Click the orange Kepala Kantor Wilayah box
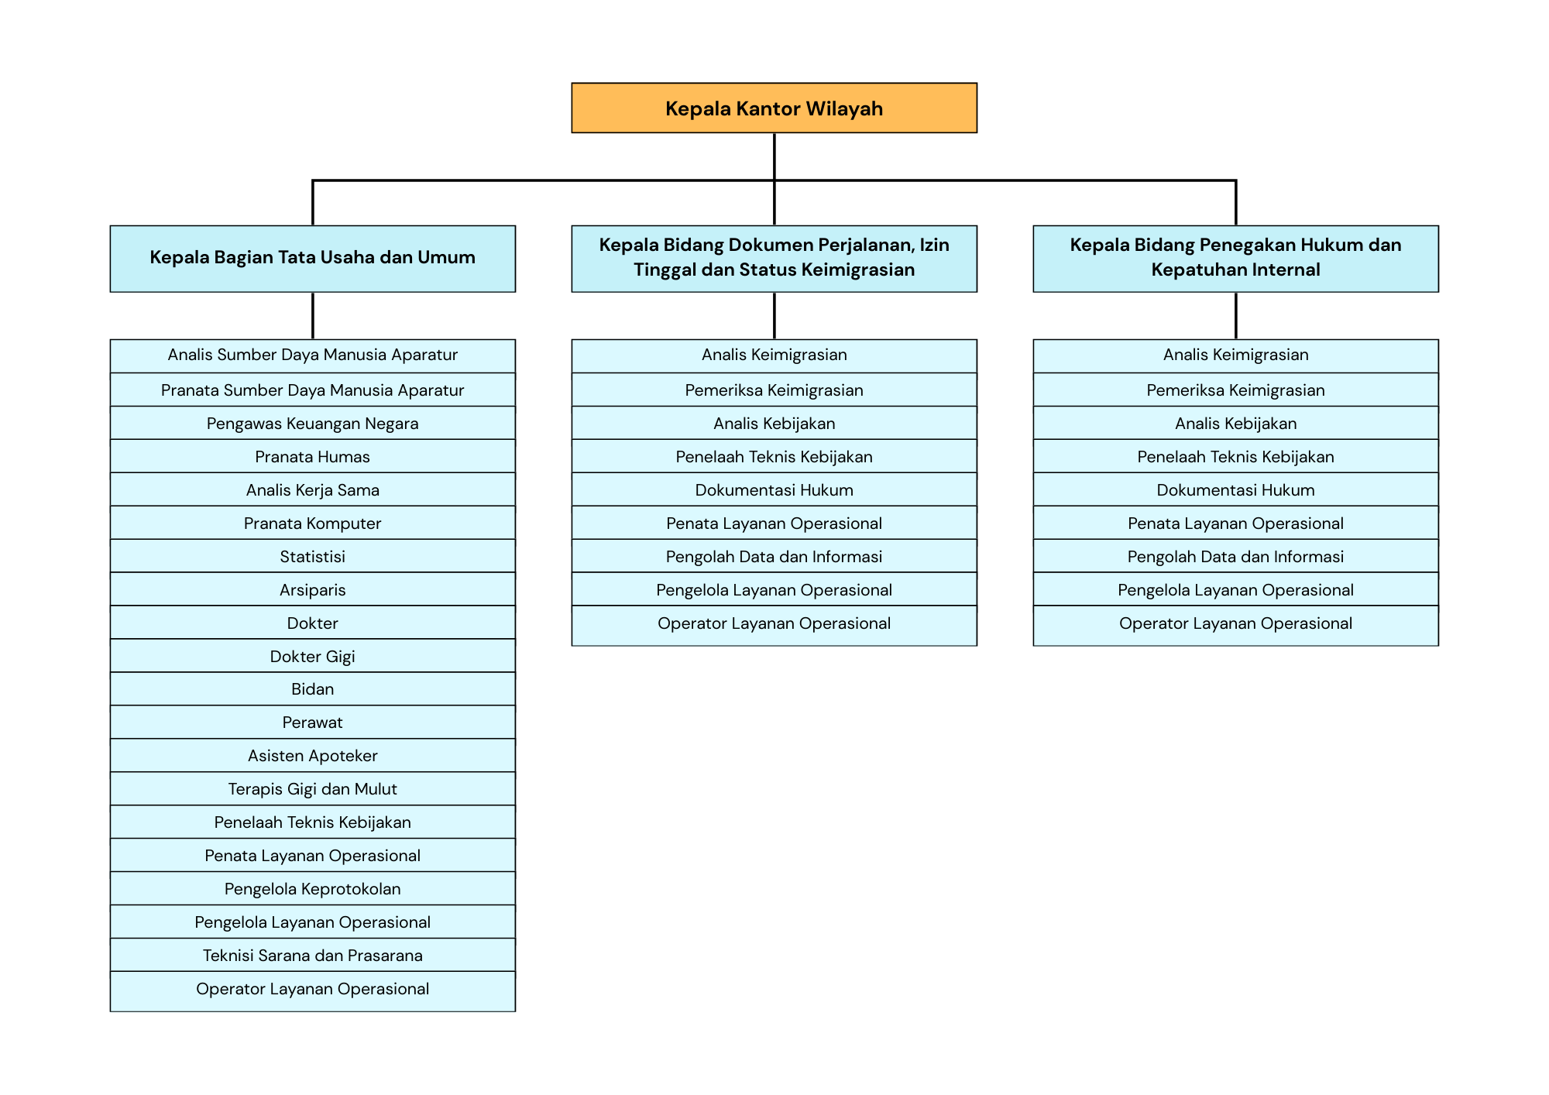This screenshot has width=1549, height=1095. (774, 108)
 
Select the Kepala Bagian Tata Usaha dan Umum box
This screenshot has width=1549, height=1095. (312, 259)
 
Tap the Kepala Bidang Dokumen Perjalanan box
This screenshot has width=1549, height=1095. (774, 259)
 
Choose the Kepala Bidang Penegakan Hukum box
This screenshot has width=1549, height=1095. (1235, 259)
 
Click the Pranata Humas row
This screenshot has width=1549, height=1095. (312, 456)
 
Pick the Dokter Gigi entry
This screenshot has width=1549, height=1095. (312, 656)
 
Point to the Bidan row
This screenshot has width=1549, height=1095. (312, 689)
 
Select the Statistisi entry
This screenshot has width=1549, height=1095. (312, 556)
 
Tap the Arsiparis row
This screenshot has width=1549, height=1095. (312, 589)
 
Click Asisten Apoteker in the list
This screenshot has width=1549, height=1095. (312, 756)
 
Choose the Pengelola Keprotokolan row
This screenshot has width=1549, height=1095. (312, 889)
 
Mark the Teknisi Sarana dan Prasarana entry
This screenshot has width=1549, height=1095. (312, 956)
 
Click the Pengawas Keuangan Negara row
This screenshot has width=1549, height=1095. (312, 423)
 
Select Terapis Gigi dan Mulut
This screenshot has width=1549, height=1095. (312, 789)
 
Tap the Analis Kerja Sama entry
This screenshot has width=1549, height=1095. (312, 489)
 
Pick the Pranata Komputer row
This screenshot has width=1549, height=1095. (312, 523)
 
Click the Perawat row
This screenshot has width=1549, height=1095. (312, 723)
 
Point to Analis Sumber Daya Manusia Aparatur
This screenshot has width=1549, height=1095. (312, 355)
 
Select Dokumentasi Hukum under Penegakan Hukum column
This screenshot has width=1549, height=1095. (1235, 489)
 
